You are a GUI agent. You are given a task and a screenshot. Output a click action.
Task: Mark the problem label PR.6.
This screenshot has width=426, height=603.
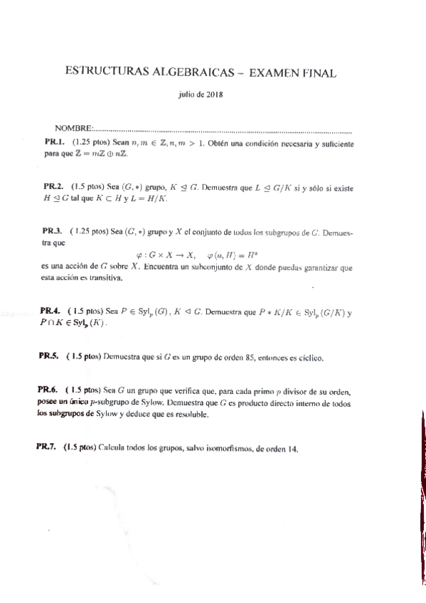pyautogui.click(x=48, y=390)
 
